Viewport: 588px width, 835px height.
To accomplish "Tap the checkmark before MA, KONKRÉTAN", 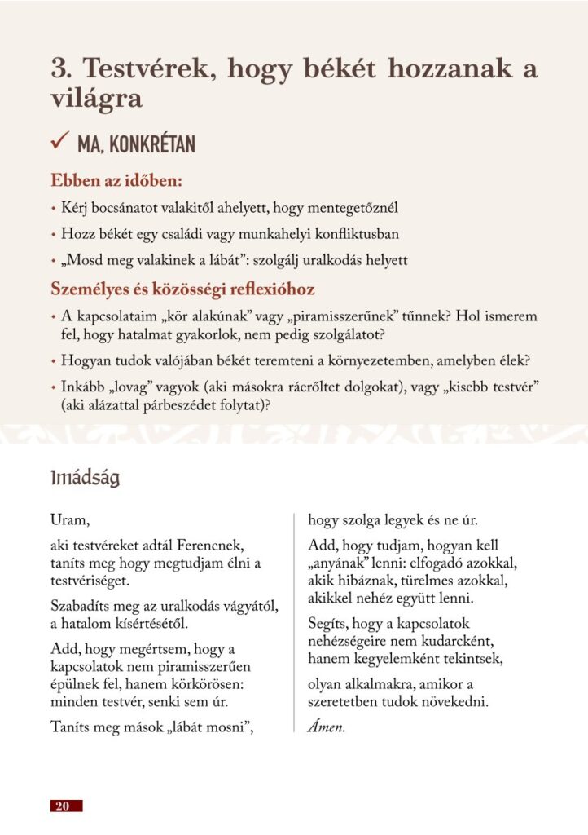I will point(59,144).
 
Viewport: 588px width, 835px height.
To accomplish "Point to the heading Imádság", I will point(85,478).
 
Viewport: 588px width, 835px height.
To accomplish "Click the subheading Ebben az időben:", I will point(116,179).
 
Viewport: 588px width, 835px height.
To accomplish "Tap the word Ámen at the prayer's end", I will point(326,727).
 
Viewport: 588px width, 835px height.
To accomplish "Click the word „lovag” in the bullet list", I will point(125,387).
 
